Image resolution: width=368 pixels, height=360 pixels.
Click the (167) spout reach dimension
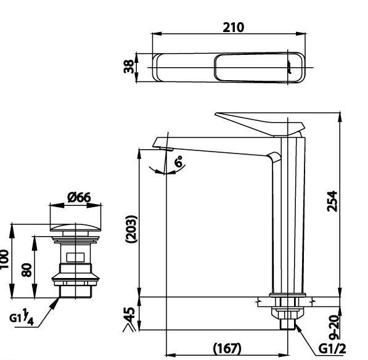(x=226, y=349)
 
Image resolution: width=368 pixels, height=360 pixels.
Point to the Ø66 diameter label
(x=79, y=197)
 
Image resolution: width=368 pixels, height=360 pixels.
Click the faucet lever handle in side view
(x=259, y=123)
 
